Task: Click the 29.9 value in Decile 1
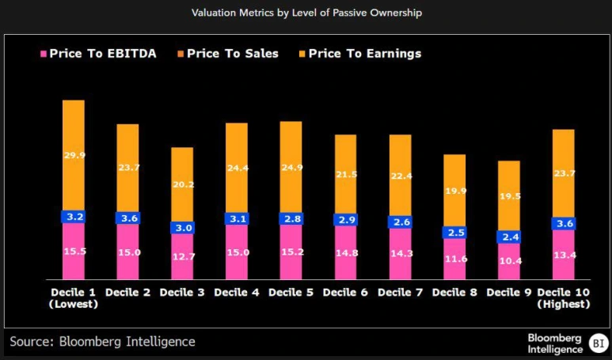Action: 74,155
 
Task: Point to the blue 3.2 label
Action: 74,216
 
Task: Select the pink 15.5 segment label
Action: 74,251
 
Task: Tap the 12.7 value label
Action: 182,256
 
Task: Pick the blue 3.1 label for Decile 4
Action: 237,218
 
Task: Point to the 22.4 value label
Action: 400,176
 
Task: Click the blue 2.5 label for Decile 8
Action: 454,232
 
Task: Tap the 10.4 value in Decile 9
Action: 509,260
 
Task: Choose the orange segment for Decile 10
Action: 563,172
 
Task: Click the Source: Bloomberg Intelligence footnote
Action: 102,342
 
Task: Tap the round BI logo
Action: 598,343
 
